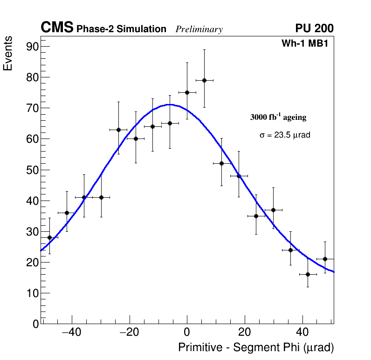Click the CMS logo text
tap(57, 28)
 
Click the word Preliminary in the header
tap(199, 29)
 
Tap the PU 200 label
tap(314, 28)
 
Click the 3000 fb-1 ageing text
tap(278, 117)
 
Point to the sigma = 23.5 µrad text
tap(285, 135)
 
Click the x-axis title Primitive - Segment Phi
tap(256, 348)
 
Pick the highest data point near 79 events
tap(204, 80)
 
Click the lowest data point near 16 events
tap(308, 274)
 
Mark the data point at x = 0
tap(187, 92)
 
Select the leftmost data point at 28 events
tap(49, 237)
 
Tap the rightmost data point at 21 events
tap(325, 259)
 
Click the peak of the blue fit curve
tap(170, 104)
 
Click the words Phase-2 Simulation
tap(121, 29)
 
